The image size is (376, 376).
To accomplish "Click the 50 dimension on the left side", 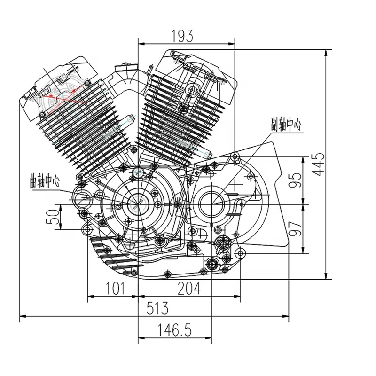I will coord(55,217).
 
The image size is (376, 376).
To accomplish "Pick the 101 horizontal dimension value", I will coord(112,288).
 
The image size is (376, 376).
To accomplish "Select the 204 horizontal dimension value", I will coord(188,288).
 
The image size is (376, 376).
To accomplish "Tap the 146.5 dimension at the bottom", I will coord(167,330).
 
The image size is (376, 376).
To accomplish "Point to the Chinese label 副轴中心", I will coord(285,125).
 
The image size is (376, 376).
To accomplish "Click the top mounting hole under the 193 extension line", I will coord(235,156).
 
